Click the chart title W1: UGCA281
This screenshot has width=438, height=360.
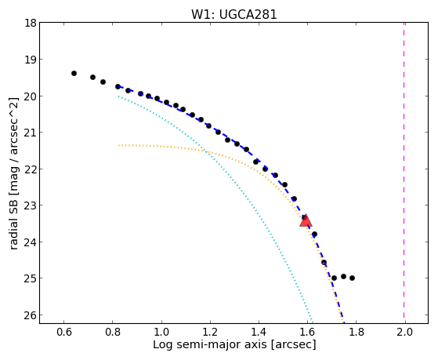click(233, 14)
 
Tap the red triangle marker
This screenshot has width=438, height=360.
click(306, 220)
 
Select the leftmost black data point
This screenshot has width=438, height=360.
click(74, 73)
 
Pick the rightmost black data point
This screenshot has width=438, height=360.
click(353, 278)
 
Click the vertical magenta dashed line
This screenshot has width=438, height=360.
click(404, 170)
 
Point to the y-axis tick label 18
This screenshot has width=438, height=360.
click(31, 23)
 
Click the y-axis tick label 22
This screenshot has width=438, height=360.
click(31, 169)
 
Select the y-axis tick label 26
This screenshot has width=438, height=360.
click(31, 315)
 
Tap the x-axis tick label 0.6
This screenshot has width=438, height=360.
click(64, 332)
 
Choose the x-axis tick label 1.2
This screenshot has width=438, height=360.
click(210, 332)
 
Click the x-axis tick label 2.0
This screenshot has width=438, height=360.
click(405, 332)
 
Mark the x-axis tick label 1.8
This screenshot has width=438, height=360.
click(357, 332)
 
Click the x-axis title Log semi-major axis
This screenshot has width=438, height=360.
click(209, 344)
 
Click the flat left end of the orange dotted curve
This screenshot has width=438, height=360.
click(119, 145)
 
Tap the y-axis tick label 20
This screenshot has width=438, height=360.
click(31, 96)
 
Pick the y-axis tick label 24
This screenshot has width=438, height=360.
click(31, 242)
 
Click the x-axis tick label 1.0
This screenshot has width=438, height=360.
click(161, 332)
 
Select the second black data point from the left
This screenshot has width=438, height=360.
click(92, 77)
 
